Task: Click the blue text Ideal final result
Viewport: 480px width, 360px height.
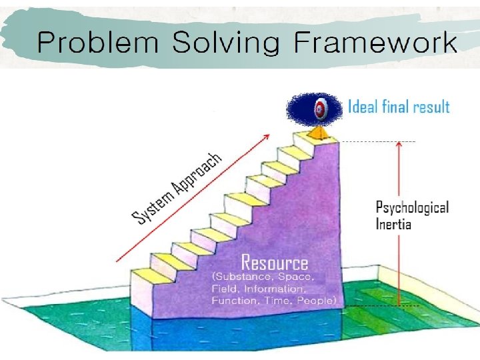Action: pos(399,107)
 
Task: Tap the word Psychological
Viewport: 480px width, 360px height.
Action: pos(412,207)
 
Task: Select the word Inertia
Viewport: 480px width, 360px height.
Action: pos(393,223)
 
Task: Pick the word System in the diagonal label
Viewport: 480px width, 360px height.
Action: pos(151,205)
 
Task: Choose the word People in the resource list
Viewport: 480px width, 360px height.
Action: pos(317,301)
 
